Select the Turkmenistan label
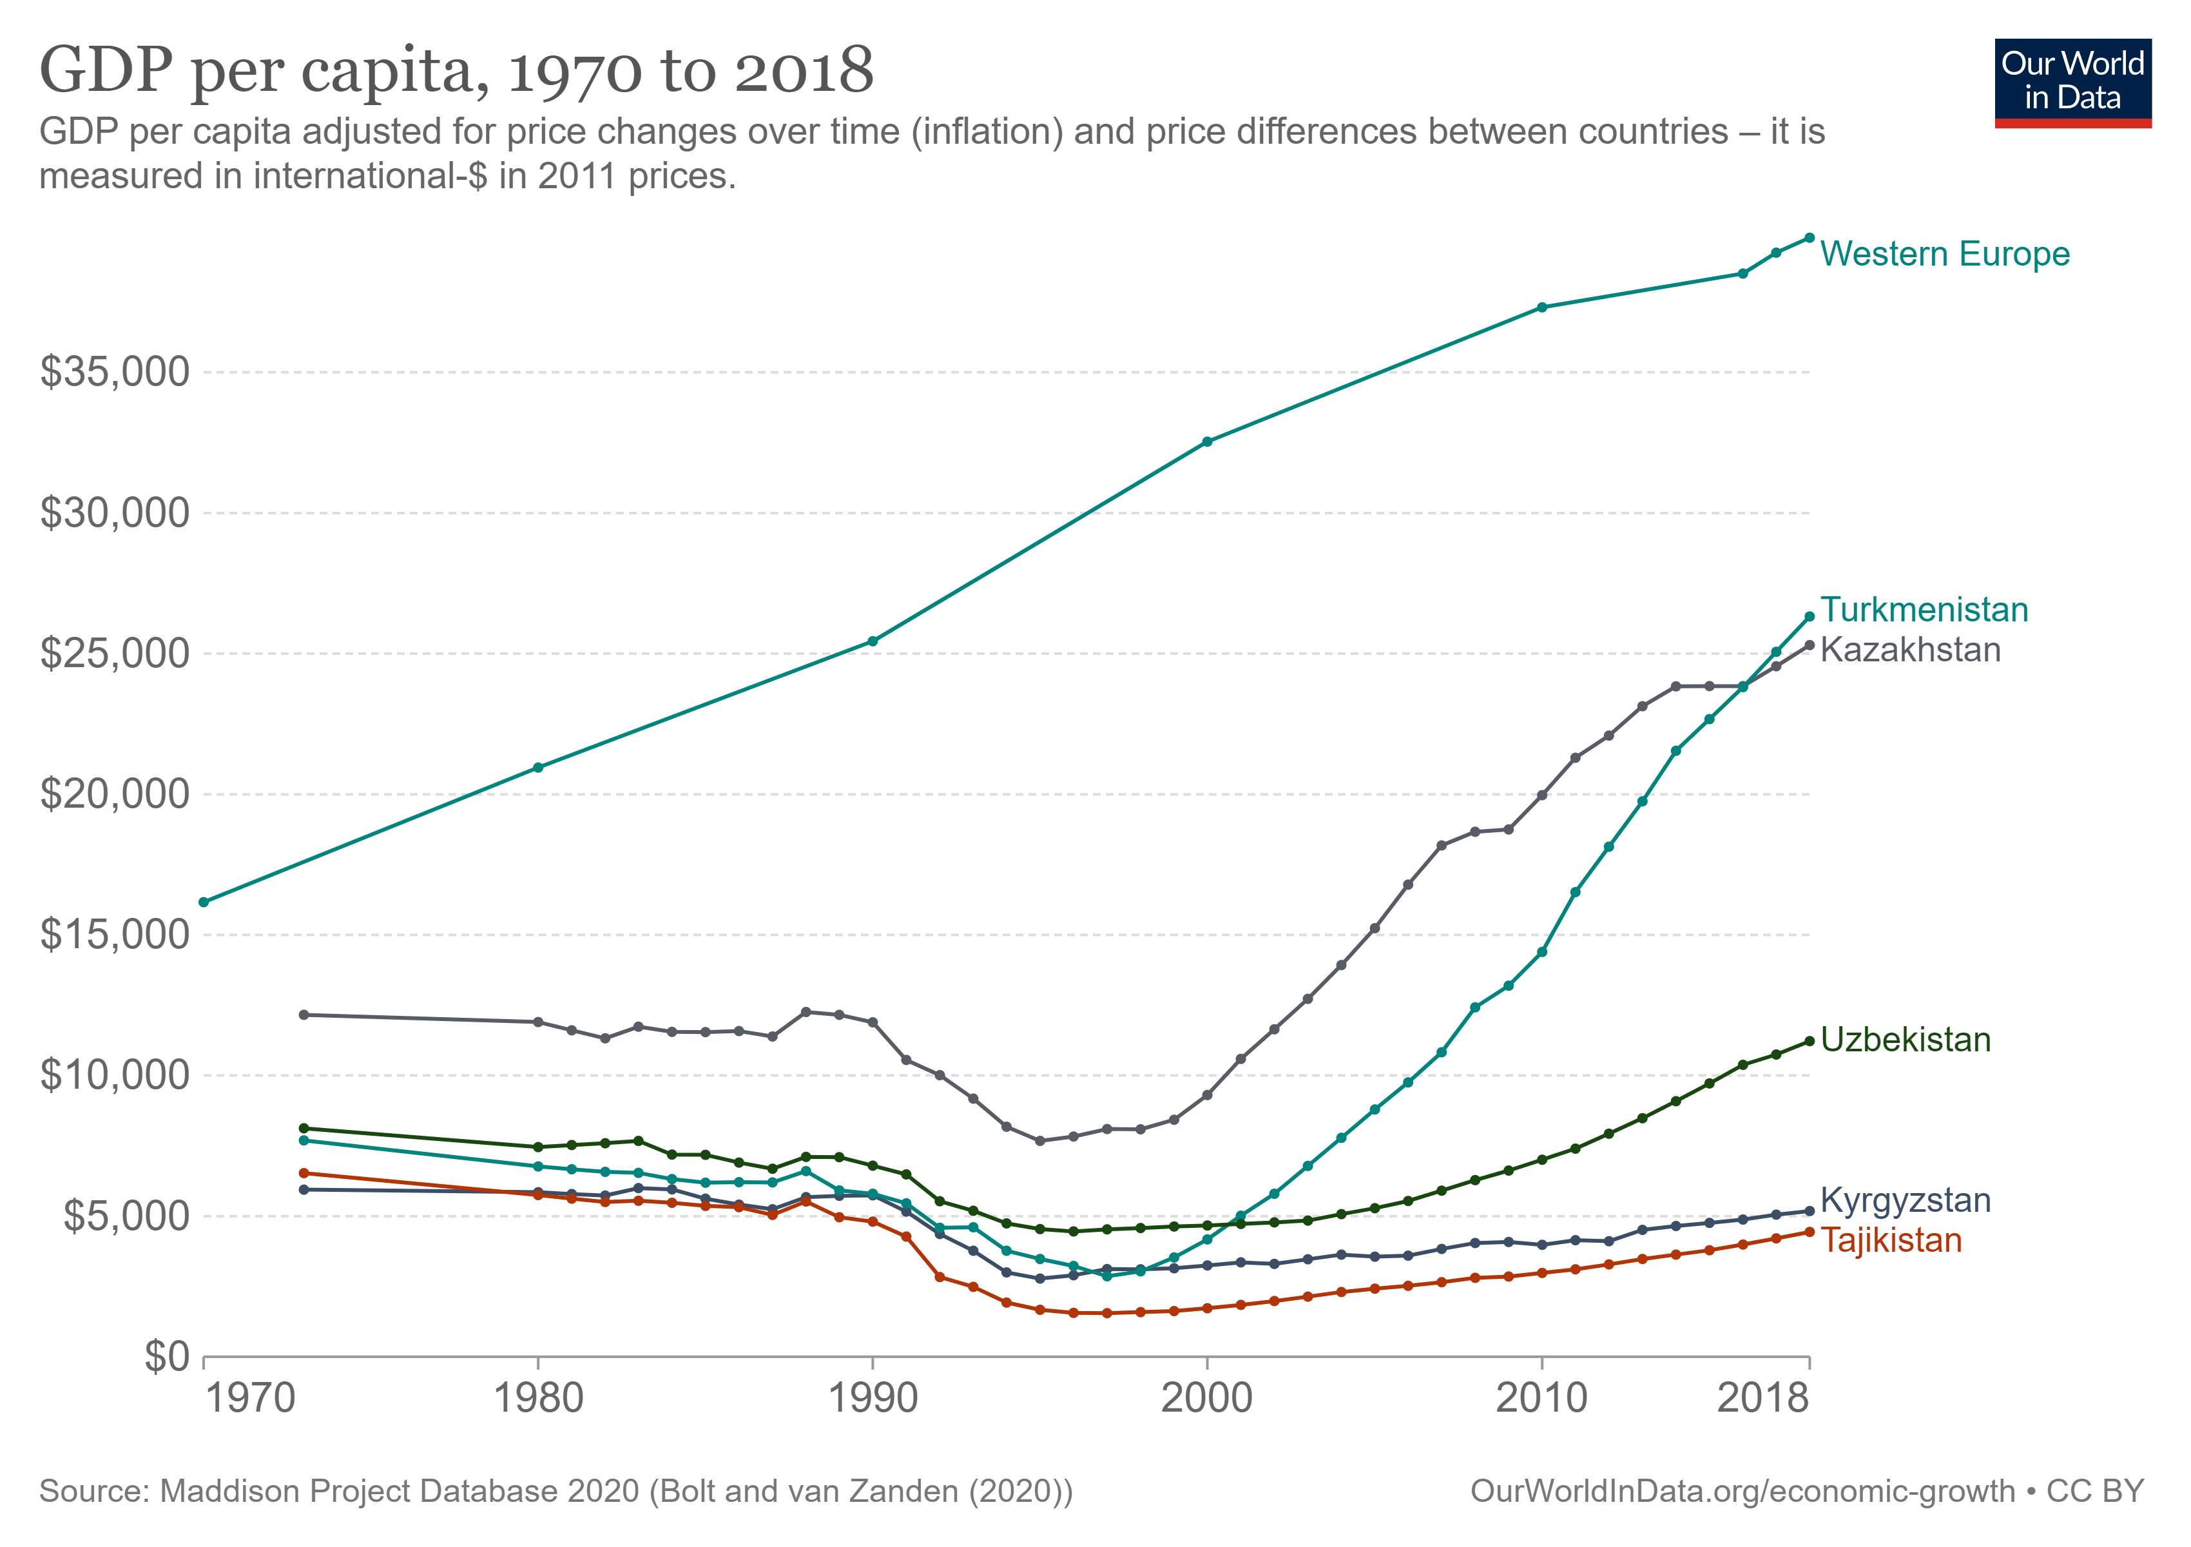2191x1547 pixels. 1923,610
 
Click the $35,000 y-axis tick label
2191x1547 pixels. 115,371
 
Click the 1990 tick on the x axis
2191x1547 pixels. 872,1398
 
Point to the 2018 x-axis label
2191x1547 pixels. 1762,1398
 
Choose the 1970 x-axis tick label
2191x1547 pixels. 251,1398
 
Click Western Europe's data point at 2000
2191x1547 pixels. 1207,442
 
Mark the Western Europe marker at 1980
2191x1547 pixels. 538,767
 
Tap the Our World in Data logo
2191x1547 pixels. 2072,82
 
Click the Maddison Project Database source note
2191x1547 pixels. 555,1491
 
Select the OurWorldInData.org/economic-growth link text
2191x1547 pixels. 1742,1491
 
